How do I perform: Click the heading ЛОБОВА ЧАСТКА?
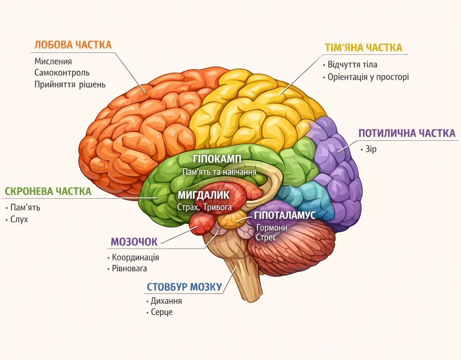tap(73, 45)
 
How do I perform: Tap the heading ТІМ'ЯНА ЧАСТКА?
tap(364, 47)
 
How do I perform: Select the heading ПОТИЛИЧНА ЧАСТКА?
tap(407, 133)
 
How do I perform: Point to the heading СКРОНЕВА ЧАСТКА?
tap(48, 191)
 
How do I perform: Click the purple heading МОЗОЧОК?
tap(134, 242)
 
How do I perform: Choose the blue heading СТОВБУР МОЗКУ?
tap(184, 287)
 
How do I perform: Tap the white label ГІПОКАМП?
tap(217, 159)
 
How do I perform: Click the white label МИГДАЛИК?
tap(203, 195)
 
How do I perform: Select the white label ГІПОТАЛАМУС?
tap(285, 215)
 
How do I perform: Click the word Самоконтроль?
tap(62, 73)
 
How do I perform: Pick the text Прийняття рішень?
tap(70, 84)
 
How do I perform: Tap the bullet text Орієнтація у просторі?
tap(368, 77)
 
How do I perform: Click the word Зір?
tap(371, 149)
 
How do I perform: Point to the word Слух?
tap(19, 219)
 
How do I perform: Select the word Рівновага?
tap(130, 269)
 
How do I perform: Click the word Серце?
tap(162, 312)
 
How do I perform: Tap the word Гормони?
tap(272, 228)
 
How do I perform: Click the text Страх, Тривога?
tap(204, 207)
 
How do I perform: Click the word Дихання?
tap(166, 301)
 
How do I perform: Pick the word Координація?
tap(135, 257)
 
